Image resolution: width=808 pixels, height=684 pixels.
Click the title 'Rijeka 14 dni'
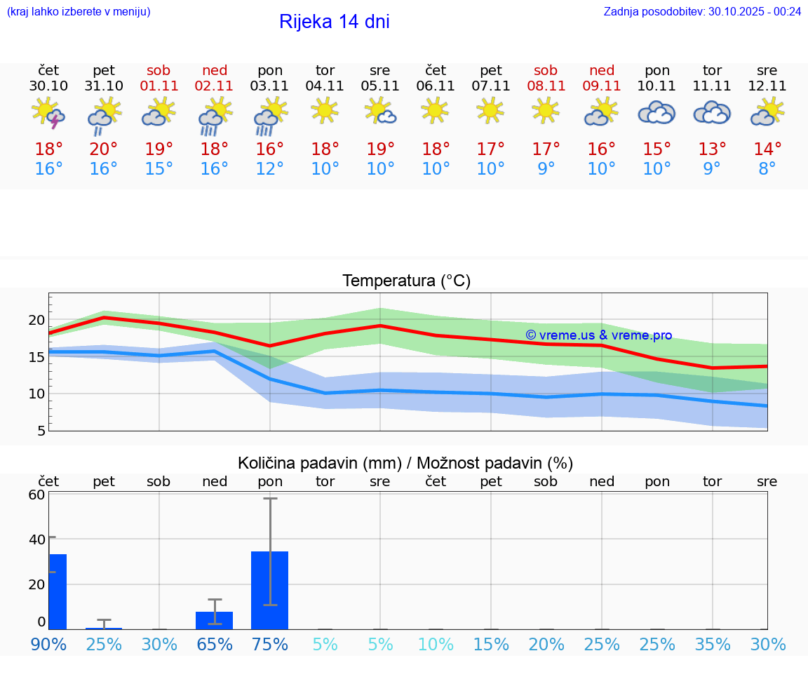point(334,22)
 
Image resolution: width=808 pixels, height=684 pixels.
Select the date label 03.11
point(270,86)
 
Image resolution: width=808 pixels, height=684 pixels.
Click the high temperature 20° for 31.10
point(104,149)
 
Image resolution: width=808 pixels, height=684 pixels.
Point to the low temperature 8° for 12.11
point(767,169)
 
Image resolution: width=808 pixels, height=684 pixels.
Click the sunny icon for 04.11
point(325,110)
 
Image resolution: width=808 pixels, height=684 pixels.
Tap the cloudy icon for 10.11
point(656,112)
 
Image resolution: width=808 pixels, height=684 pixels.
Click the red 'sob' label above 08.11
point(546,70)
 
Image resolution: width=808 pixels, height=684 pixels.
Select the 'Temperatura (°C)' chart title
point(406,281)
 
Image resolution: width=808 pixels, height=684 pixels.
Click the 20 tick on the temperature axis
point(36,320)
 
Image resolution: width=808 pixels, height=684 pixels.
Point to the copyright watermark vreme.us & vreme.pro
point(598,335)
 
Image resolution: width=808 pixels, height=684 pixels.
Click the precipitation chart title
point(405,463)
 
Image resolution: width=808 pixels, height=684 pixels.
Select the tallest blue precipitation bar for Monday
point(270,590)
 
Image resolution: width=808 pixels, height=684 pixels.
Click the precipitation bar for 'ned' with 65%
point(214,620)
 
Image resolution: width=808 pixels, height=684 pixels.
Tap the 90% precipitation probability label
point(48,644)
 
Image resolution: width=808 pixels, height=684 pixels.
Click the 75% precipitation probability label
point(270,644)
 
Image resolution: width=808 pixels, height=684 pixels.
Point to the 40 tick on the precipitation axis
point(36,539)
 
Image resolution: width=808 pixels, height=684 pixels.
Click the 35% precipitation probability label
point(712,644)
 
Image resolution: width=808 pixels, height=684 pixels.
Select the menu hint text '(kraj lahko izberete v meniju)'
point(79,11)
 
